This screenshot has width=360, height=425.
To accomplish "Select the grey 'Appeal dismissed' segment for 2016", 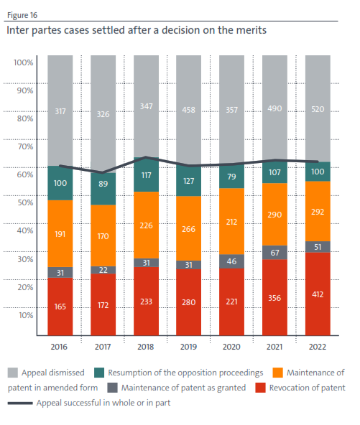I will click(x=60, y=111).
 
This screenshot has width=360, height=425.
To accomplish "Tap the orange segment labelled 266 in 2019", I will click(x=189, y=229).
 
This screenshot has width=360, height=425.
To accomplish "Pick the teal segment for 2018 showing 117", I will click(x=146, y=175).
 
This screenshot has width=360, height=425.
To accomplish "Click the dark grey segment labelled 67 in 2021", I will click(x=274, y=253).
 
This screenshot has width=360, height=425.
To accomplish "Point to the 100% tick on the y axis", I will click(x=24, y=63).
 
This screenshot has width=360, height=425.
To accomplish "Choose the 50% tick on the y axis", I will click(x=24, y=203).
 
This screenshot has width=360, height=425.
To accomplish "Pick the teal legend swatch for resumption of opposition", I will click(x=99, y=373).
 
